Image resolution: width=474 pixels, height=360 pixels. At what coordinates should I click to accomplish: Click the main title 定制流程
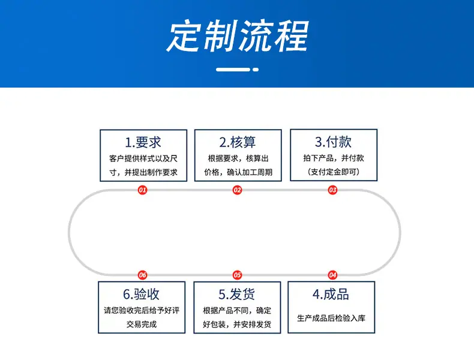(238, 36)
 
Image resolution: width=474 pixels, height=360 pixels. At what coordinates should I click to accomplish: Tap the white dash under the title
(238, 70)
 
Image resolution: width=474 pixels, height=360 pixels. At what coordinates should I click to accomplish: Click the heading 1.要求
(143, 142)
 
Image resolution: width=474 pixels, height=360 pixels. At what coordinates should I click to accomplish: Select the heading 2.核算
(238, 142)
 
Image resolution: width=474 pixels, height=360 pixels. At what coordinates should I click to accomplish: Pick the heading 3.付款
(333, 142)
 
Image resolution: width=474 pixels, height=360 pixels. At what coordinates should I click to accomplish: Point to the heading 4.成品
(331, 294)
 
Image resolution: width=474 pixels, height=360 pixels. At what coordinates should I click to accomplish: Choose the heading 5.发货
(236, 294)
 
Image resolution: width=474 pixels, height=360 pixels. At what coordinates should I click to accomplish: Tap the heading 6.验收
(141, 294)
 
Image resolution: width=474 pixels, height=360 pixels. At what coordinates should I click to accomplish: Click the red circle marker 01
(142, 190)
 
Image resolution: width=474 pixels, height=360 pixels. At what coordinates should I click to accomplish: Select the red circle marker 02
(238, 190)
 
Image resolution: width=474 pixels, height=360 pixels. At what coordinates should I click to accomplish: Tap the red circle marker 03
(332, 190)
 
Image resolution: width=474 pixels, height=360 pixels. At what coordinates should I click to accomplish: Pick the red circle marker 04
(332, 275)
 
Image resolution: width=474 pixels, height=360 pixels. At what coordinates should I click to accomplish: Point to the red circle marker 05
(238, 275)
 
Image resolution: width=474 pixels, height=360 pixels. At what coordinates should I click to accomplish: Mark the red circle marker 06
(142, 275)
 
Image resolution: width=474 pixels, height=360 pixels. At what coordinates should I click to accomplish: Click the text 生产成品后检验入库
(331, 318)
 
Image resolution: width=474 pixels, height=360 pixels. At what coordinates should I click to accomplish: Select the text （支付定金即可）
(334, 172)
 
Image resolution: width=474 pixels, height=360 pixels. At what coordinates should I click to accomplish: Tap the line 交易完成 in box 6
(142, 325)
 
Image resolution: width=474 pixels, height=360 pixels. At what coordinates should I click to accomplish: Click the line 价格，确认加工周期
(238, 172)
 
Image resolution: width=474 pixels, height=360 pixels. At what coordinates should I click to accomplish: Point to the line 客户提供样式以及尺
(143, 158)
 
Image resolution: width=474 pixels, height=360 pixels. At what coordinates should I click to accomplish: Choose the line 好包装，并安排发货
(237, 325)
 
